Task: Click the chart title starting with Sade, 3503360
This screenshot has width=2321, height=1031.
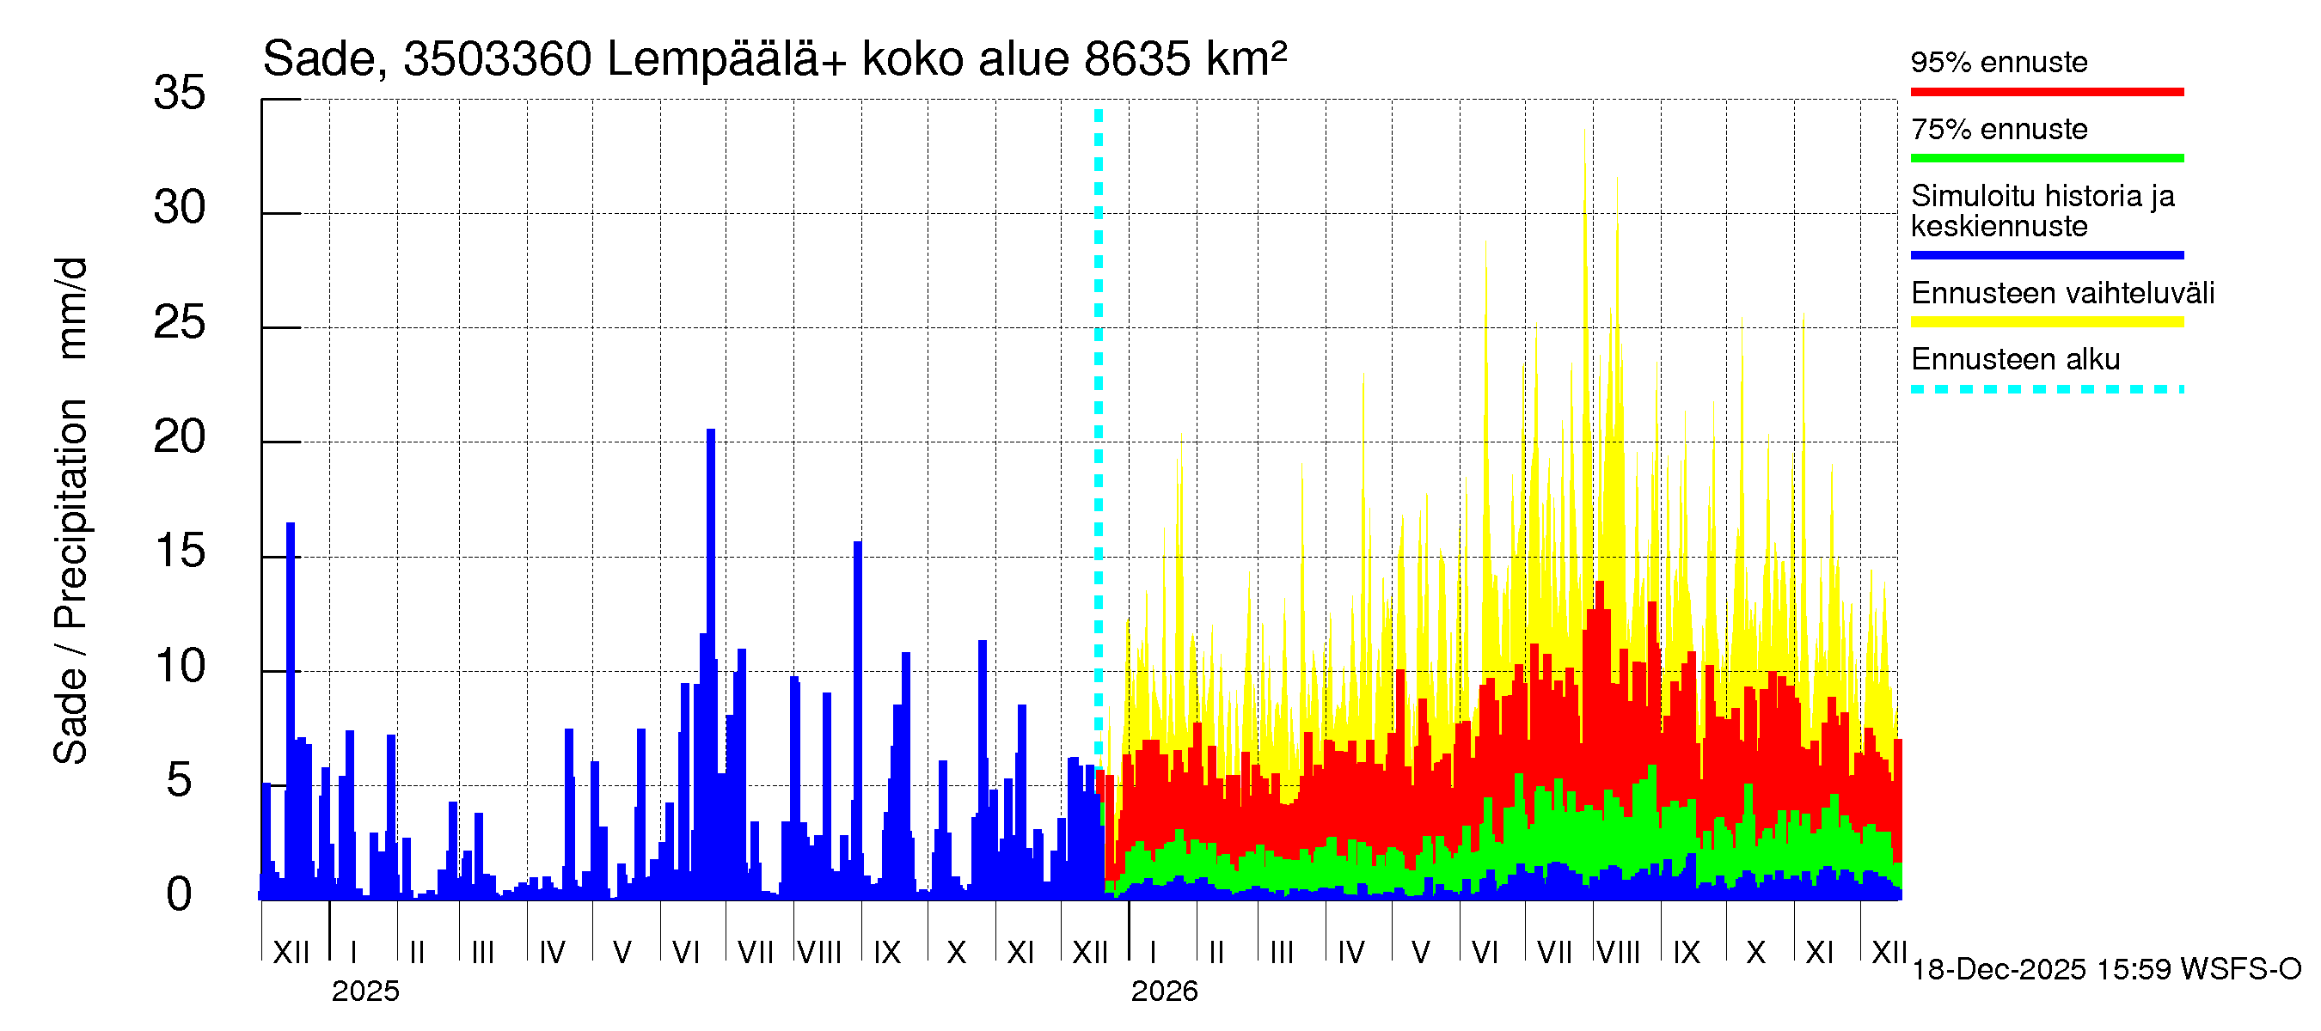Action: (774, 59)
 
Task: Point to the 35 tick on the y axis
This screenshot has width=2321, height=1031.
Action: (180, 93)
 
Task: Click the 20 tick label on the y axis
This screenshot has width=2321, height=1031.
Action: (180, 437)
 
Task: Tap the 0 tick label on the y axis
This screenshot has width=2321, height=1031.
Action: (180, 895)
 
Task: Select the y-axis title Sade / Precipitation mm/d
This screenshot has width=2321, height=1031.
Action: (70, 511)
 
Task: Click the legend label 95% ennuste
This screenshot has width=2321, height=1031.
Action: (1999, 62)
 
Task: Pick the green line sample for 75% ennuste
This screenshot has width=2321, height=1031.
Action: (2046, 158)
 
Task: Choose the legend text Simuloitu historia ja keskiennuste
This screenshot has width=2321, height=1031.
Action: (2042, 210)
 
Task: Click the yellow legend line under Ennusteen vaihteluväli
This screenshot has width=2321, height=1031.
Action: (2046, 322)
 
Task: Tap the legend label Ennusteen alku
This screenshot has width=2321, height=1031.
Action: (2015, 359)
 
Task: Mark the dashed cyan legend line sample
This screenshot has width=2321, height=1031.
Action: (2046, 390)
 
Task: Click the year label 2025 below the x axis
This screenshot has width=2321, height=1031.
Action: (364, 991)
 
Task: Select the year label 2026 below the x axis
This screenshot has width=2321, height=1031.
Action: (1164, 991)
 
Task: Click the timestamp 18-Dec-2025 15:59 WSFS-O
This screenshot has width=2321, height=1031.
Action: (2105, 970)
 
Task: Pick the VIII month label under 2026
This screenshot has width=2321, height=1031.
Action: (1618, 953)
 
